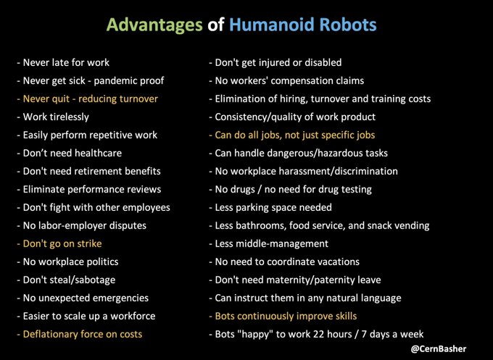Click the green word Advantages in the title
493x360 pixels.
click(x=154, y=25)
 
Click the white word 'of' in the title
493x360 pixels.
click(x=216, y=25)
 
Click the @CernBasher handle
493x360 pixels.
click(x=439, y=348)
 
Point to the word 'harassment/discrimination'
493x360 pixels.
click(x=339, y=171)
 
